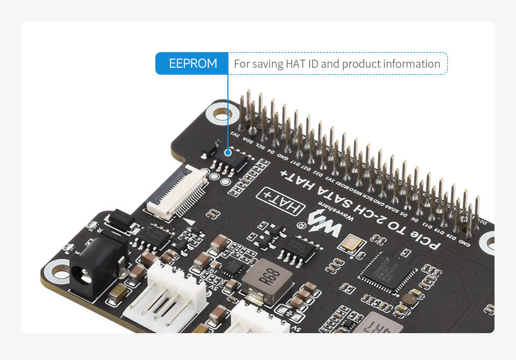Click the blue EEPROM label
192,63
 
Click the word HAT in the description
288,64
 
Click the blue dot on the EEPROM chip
228,152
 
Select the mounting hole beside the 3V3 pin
221,113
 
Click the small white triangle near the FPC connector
189,221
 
